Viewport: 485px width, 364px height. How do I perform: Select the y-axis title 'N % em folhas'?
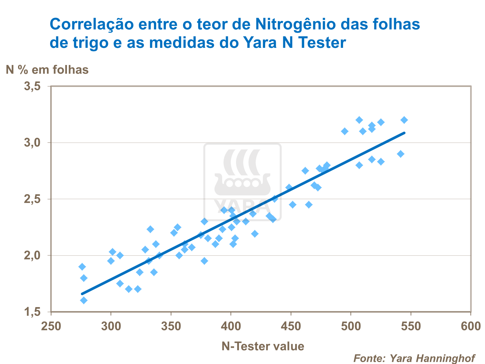point(47,70)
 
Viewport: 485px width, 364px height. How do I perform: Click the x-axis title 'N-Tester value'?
point(263,346)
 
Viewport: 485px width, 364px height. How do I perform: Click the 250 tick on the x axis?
point(51,326)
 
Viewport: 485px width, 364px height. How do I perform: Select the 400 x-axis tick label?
point(231,326)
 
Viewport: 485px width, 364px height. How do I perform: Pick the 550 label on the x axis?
point(411,326)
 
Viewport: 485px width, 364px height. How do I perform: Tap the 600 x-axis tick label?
point(471,326)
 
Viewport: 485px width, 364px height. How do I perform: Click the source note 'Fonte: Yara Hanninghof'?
point(414,358)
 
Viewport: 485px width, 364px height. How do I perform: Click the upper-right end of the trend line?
point(404,133)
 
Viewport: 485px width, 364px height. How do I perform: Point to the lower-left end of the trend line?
point(82,294)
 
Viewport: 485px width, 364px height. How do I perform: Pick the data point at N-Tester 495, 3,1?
point(345,131)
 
